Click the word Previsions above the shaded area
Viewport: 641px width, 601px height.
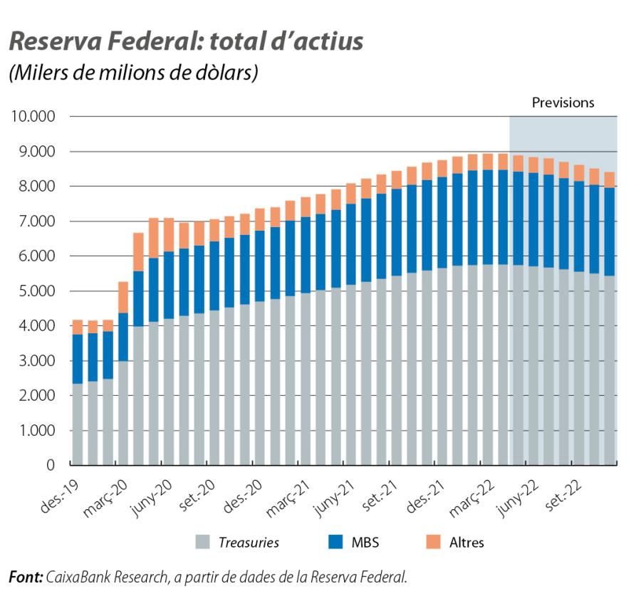tap(563, 103)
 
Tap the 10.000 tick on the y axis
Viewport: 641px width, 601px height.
tap(32, 117)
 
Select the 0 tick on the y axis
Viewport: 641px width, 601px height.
tap(51, 466)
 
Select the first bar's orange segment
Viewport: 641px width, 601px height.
tap(78, 328)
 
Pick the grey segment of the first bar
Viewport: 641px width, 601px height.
tap(78, 424)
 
